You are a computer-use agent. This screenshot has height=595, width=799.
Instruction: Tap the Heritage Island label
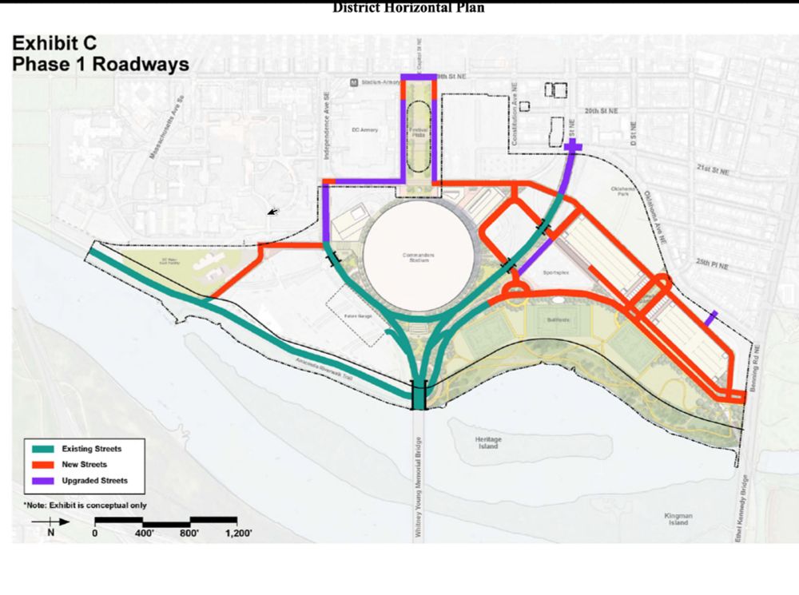point(489,442)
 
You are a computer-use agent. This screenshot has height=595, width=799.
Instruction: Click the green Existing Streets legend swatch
point(40,447)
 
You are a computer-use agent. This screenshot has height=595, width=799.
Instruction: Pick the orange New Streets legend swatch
point(40,464)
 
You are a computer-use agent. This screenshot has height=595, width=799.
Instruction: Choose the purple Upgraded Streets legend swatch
point(40,481)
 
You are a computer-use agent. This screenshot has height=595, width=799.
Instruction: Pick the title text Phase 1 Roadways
point(100,64)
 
